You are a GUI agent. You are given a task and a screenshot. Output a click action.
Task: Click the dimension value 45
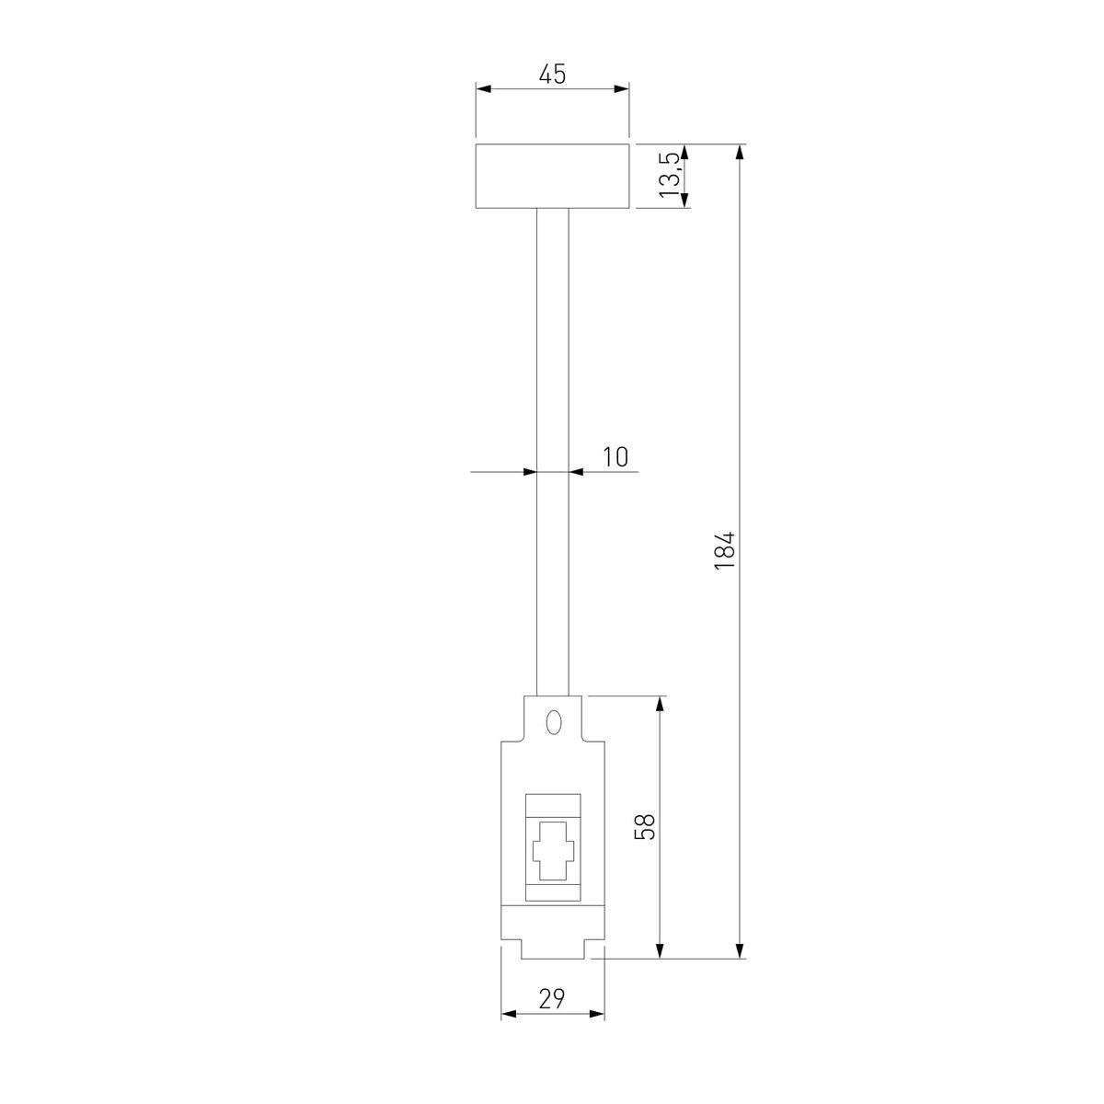coord(552,75)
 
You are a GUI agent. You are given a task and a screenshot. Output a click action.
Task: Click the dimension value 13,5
coord(671,176)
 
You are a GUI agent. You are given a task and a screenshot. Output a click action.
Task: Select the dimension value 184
coord(726,550)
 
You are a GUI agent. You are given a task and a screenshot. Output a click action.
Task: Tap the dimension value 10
coord(615,456)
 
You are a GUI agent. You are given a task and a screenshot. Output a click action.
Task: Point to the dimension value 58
coord(646,826)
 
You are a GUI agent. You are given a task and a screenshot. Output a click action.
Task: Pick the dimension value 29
coord(552,998)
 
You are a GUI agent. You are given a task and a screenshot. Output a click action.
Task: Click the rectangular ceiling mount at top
coord(552,176)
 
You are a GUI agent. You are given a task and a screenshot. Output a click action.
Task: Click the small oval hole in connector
coord(553,722)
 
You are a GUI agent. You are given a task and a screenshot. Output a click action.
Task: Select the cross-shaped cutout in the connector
coord(552,852)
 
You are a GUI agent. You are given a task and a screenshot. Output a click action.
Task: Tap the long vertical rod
coord(552,451)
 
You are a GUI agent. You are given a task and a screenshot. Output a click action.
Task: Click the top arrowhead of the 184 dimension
coord(741,151)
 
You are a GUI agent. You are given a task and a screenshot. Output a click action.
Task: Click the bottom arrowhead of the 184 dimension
coord(741,951)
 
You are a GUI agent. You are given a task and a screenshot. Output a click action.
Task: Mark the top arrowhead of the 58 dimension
coord(660,704)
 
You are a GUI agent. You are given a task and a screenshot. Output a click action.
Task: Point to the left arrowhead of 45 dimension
coord(483,89)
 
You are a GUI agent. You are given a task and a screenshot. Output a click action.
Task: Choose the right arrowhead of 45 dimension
coord(623,89)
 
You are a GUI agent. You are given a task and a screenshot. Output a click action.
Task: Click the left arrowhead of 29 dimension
coord(508,1015)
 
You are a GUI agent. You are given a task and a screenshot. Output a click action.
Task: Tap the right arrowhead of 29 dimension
coord(598,1015)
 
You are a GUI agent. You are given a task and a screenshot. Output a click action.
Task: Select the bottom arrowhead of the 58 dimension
coord(660,951)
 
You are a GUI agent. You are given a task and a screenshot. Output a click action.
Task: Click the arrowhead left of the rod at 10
coord(530,472)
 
